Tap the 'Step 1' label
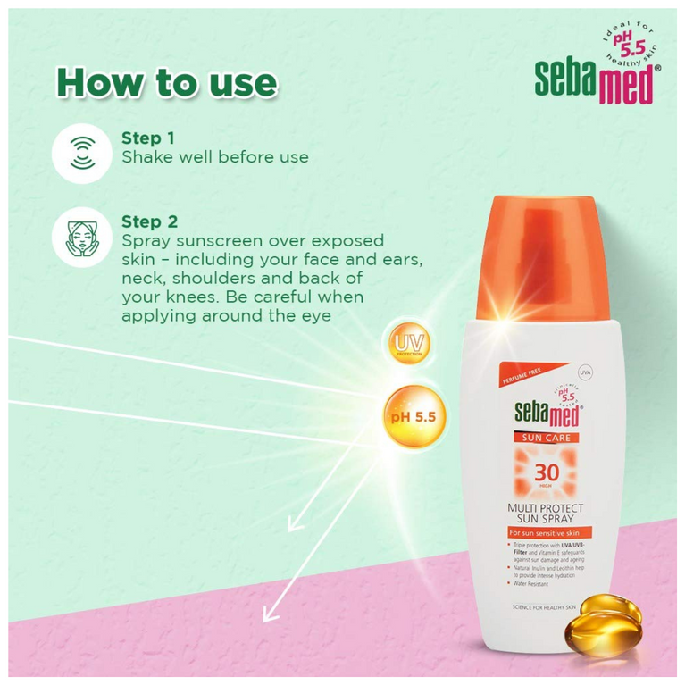pyautogui.click(x=147, y=138)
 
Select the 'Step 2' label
pyautogui.click(x=149, y=221)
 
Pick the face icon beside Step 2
pyautogui.click(x=81, y=237)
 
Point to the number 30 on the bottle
pyautogui.click(x=547, y=473)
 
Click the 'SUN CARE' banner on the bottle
pyautogui.click(x=547, y=437)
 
